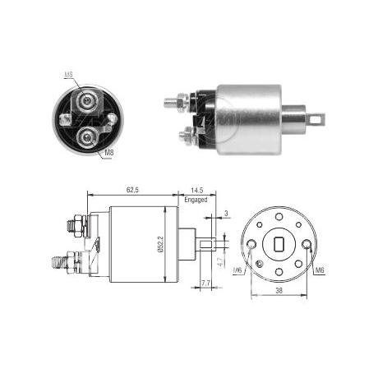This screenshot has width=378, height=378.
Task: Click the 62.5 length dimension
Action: tap(132, 190)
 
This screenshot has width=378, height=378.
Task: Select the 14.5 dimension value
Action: tap(197, 190)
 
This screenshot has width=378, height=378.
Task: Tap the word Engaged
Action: tap(196, 200)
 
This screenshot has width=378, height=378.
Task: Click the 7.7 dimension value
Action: tap(205, 283)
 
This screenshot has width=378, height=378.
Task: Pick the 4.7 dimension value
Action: tap(221, 260)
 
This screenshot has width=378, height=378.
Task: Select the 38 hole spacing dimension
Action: tap(279, 290)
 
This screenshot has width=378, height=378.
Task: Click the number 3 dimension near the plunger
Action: tap(226, 214)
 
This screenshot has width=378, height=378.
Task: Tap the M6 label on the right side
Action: tap(320, 270)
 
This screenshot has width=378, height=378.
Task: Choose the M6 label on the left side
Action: tap(237, 270)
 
